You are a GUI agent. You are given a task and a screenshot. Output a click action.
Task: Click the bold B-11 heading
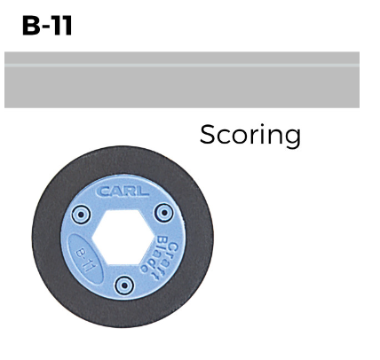tap(47, 26)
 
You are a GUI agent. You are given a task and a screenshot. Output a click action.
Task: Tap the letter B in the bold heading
tap(30, 26)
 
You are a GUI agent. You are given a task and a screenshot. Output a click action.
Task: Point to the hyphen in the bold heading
tap(45, 28)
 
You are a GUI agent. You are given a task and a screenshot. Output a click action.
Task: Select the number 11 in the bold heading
tap(61, 26)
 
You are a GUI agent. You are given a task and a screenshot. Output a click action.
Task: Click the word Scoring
tap(250, 135)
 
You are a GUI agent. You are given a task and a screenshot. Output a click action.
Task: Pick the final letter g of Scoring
tap(293, 138)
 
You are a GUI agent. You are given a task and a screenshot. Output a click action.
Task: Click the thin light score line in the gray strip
tap(182, 65)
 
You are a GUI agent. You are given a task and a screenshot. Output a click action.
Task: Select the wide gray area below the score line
tap(182, 87)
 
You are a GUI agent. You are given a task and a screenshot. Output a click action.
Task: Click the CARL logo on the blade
tap(123, 192)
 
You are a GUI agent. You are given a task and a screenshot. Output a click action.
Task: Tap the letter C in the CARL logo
tap(103, 192)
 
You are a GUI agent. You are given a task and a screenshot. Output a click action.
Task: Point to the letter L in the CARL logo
tap(143, 192)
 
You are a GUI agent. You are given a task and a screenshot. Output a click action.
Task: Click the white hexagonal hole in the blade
tap(123, 237)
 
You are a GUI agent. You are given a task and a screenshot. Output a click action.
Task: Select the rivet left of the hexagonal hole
tap(81, 215)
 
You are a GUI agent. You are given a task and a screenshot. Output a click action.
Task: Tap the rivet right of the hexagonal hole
tap(164, 213)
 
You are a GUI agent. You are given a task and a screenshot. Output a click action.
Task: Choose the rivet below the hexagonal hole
tap(124, 286)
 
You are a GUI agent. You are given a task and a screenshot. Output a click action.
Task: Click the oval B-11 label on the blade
tap(85, 259)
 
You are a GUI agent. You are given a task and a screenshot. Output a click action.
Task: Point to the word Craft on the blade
tap(168, 258)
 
